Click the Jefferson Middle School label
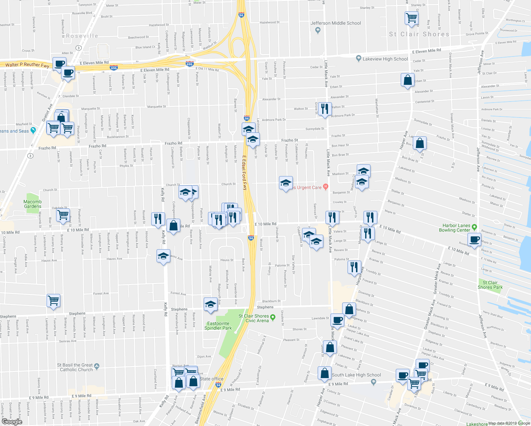point(335,23)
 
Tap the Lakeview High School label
point(385,59)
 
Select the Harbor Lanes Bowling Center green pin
point(475,227)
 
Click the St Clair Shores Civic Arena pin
point(273,317)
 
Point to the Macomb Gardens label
point(32,204)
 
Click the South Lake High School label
point(356,375)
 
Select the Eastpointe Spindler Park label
point(218,326)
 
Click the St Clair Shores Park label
point(490,285)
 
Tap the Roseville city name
point(82,36)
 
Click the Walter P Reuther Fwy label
point(27,65)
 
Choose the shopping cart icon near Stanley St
point(411,17)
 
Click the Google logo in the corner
point(12,421)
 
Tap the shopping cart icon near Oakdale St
point(63,214)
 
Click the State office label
point(212,379)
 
